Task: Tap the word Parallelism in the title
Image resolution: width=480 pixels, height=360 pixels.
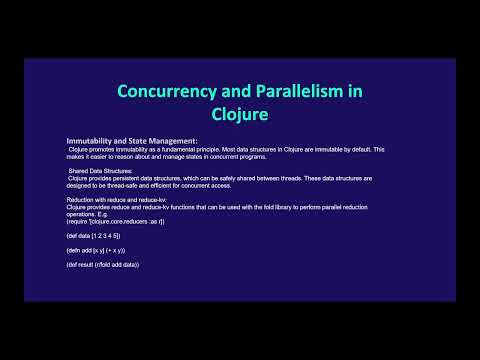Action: [x=286, y=91]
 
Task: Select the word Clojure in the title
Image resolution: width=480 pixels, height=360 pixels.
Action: [x=239, y=113]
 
